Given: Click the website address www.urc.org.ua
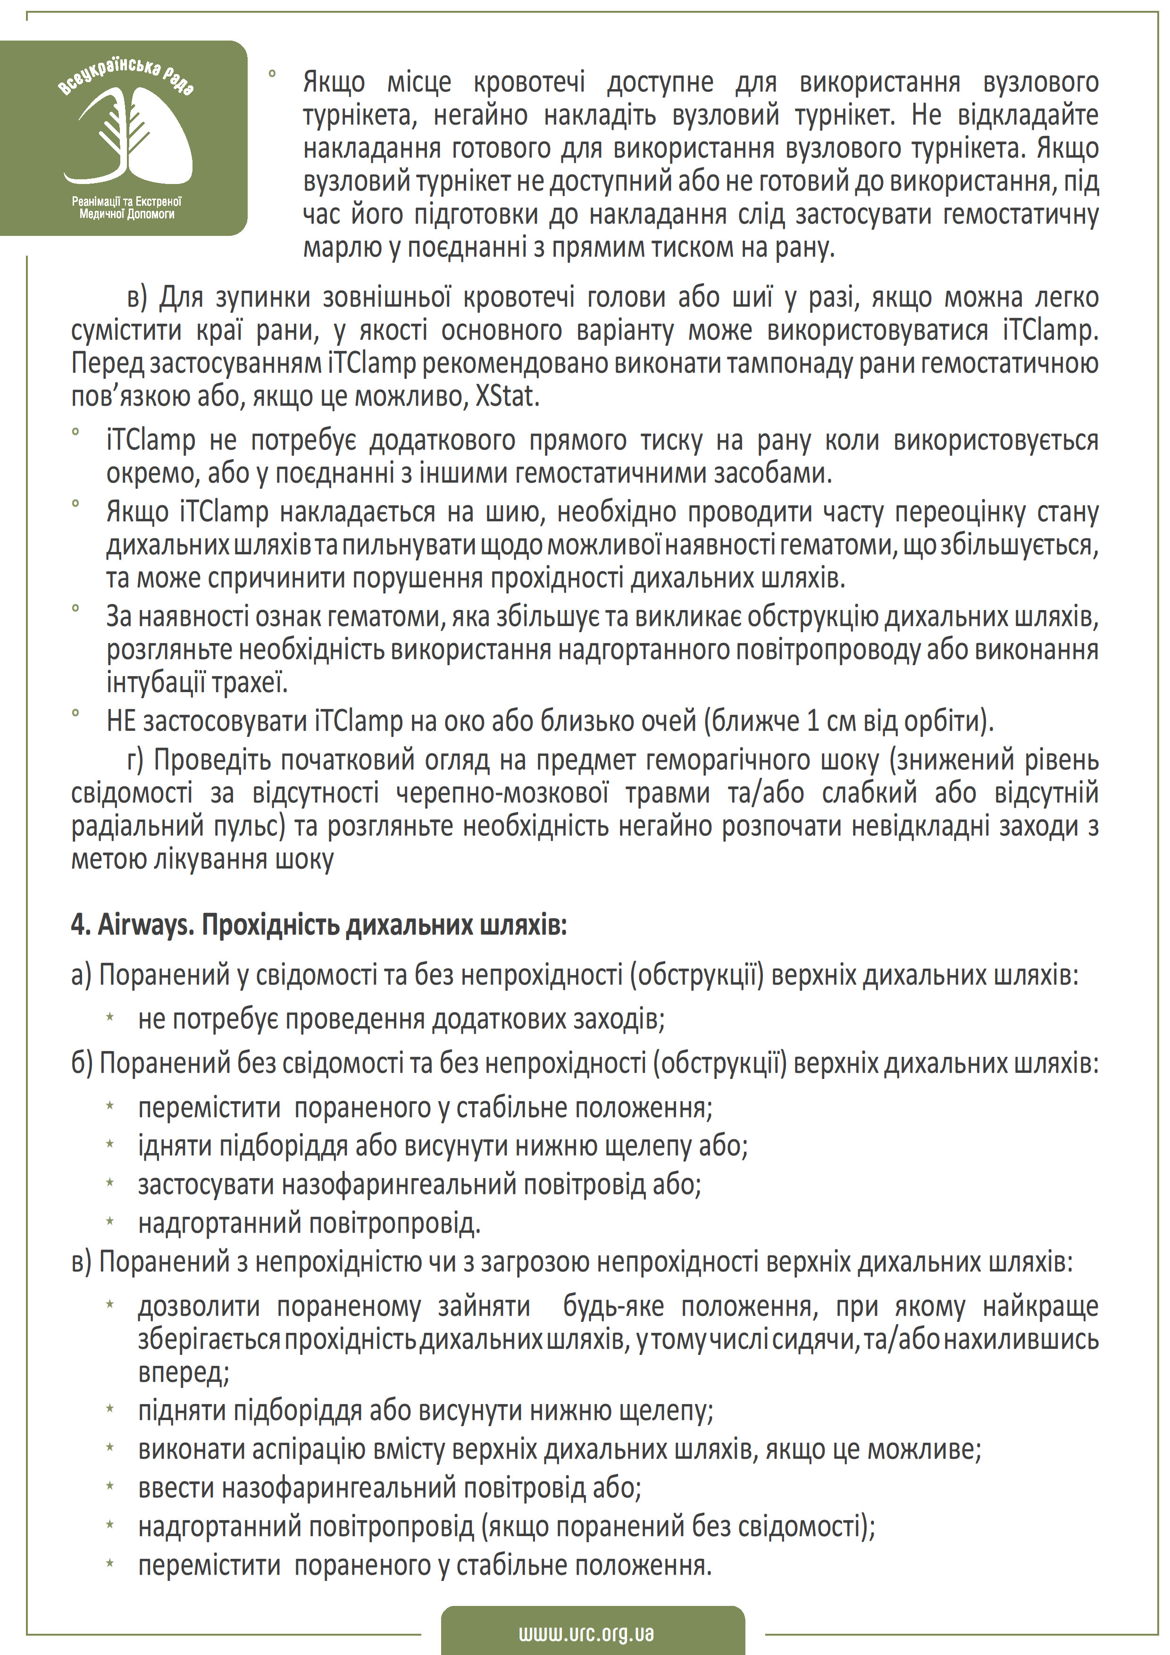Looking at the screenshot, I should [x=585, y=1633].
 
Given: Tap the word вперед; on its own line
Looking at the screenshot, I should [x=184, y=1372].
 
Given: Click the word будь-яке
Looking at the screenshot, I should [x=613, y=1305].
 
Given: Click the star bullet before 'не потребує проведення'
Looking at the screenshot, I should [x=110, y=1018].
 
